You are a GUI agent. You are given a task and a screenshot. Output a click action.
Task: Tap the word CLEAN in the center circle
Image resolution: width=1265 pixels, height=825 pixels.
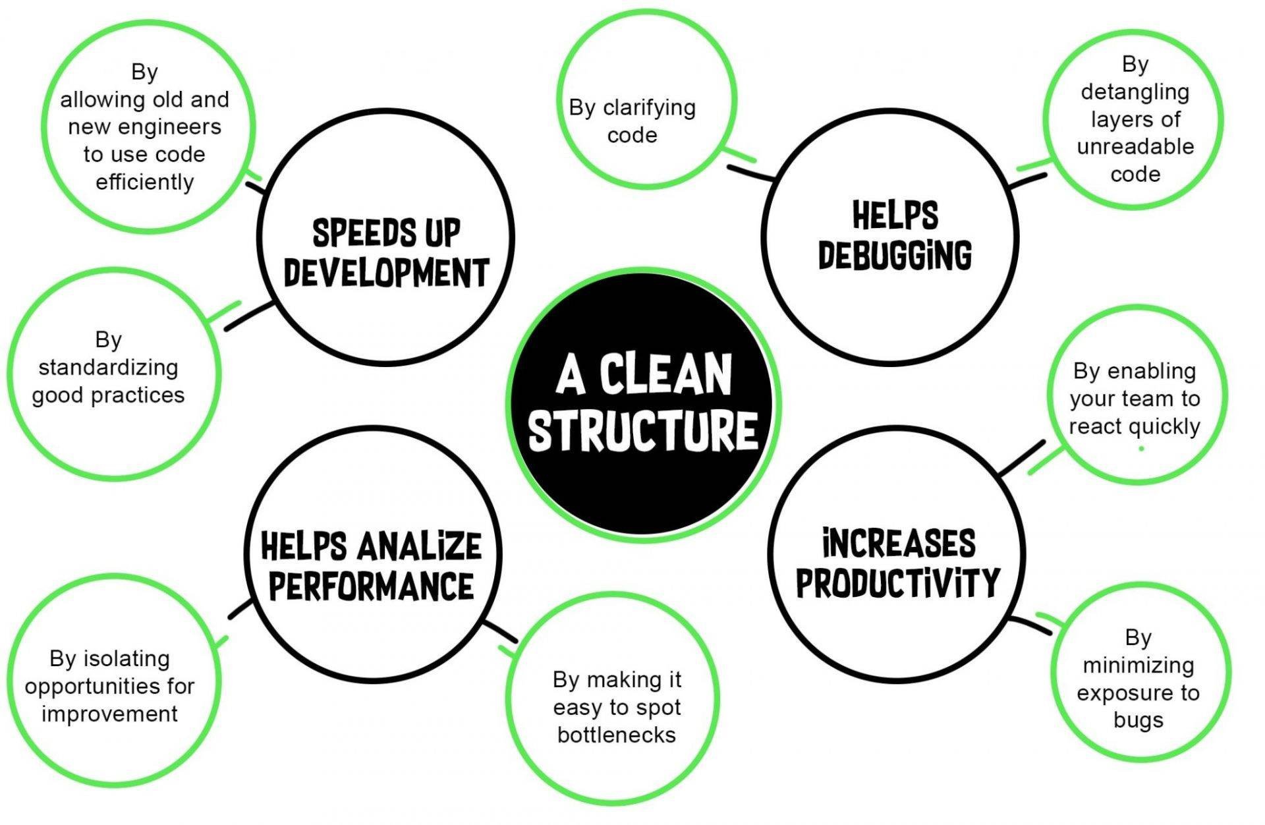coord(665,374)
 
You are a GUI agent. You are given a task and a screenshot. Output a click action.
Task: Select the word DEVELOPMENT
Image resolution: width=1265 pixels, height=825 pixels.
coord(386,272)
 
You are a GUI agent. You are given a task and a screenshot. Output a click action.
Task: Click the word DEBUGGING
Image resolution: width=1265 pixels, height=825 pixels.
coord(895,254)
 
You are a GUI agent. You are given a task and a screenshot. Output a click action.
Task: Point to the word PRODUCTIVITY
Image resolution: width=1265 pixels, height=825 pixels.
coord(898,581)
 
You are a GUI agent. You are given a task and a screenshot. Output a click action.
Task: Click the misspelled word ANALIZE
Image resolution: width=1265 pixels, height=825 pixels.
coord(420,546)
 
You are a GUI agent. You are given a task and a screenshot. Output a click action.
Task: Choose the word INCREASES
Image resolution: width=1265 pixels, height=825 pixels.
coord(899,543)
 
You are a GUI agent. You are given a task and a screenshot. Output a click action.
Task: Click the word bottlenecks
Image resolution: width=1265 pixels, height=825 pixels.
coord(617,734)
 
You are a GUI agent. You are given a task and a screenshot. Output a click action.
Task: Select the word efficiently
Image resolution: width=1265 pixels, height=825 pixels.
coord(145,182)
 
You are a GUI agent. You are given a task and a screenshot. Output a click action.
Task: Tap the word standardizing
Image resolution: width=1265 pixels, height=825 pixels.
coord(109,368)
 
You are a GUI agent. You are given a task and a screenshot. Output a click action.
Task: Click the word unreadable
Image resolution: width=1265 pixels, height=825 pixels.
coord(1135,146)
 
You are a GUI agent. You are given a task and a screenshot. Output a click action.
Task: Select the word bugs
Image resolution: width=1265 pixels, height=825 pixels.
coord(1138,721)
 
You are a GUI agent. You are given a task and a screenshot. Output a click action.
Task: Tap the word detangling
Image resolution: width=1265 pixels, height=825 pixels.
coord(1135,92)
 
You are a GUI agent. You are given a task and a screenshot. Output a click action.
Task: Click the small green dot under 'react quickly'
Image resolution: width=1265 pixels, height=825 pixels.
coord(1140,449)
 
